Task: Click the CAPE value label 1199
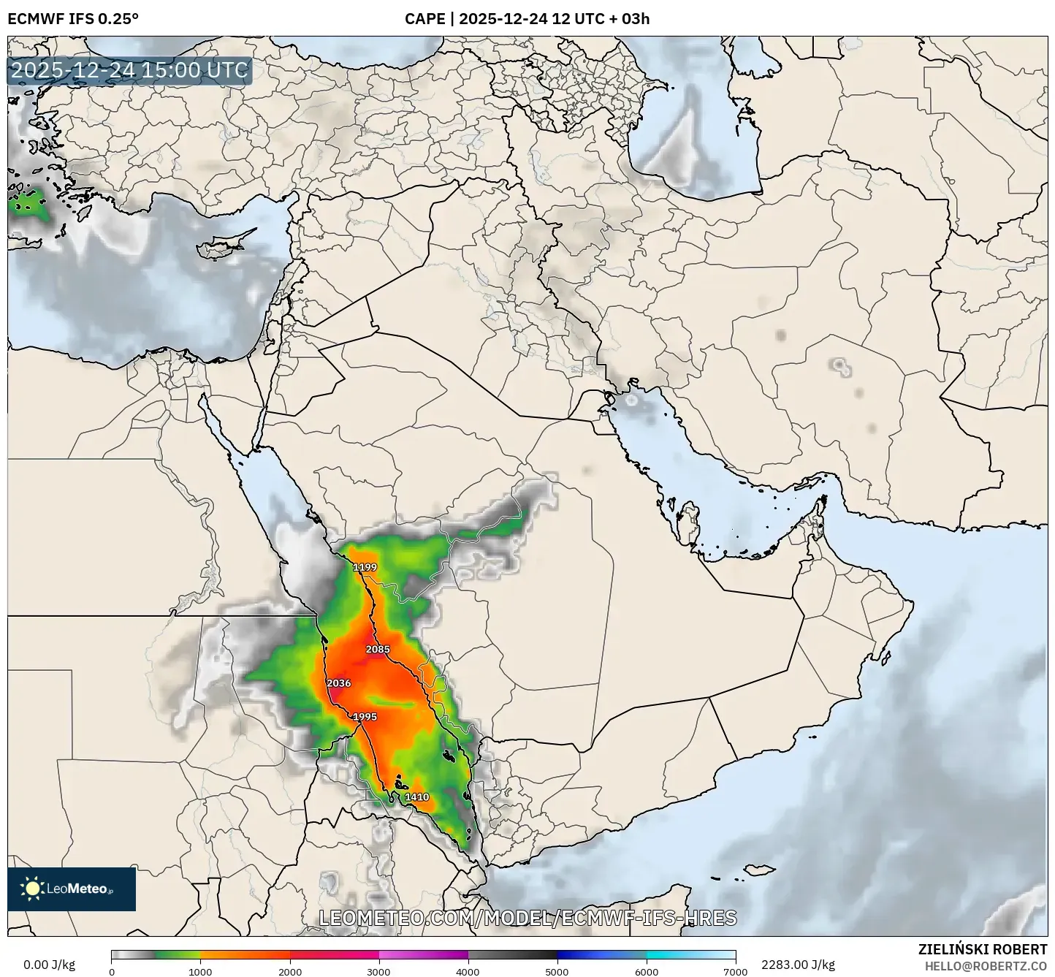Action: click(365, 567)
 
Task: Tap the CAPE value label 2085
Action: click(378, 649)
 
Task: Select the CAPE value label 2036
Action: click(338, 683)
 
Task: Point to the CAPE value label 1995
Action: click(365, 717)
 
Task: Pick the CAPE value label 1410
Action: click(416, 797)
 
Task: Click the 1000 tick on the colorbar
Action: click(200, 971)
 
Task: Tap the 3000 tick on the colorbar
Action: click(378, 971)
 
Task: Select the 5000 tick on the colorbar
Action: click(557, 971)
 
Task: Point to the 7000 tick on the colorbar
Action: click(734, 971)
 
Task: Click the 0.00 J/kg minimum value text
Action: click(50, 965)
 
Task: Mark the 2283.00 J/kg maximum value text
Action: click(798, 965)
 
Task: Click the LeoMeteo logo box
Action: click(72, 889)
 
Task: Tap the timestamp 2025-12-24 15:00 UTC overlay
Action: click(130, 71)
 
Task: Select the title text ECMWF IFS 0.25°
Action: click(73, 18)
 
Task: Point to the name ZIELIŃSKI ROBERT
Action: click(982, 949)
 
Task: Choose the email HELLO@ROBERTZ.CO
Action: click(986, 965)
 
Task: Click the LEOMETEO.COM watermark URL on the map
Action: click(527, 918)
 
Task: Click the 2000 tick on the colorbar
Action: click(289, 971)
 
